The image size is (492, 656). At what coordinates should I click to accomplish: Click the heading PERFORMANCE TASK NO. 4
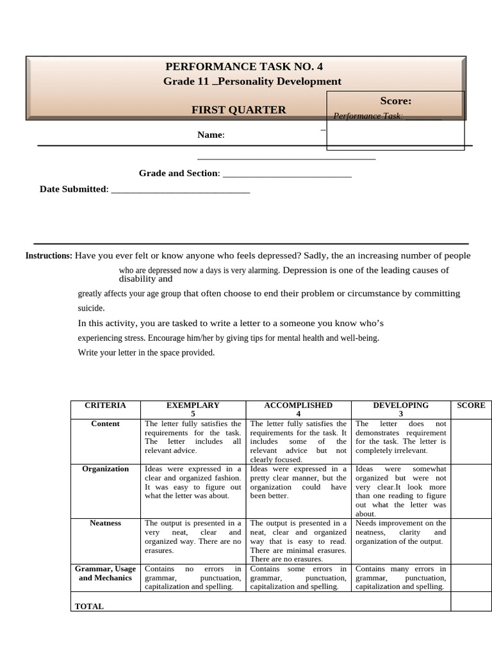[244, 66]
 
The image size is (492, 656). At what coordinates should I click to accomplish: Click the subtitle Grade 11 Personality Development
[252, 81]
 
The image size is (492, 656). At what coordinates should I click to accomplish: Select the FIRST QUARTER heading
[239, 110]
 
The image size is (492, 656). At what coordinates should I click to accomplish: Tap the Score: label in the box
[395, 101]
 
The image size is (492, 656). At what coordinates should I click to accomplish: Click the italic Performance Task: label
[368, 116]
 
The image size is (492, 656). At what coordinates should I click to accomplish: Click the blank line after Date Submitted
[180, 190]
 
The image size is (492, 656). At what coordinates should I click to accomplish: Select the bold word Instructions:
[49, 256]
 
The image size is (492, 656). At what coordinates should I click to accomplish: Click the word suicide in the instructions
[91, 308]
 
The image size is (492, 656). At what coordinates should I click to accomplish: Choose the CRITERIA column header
[105, 406]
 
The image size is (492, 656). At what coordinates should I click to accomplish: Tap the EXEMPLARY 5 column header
[193, 409]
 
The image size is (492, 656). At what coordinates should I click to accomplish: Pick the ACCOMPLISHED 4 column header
[298, 409]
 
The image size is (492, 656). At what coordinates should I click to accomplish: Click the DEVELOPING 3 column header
[400, 409]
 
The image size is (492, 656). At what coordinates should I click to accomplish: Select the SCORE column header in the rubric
[471, 406]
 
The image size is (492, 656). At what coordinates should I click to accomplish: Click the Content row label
[105, 424]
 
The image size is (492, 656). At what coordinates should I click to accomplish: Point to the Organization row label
[105, 469]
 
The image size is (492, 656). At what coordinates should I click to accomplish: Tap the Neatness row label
[105, 523]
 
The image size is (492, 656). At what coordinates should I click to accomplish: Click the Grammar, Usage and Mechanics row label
[105, 573]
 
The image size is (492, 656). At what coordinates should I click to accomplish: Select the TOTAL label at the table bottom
[89, 606]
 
